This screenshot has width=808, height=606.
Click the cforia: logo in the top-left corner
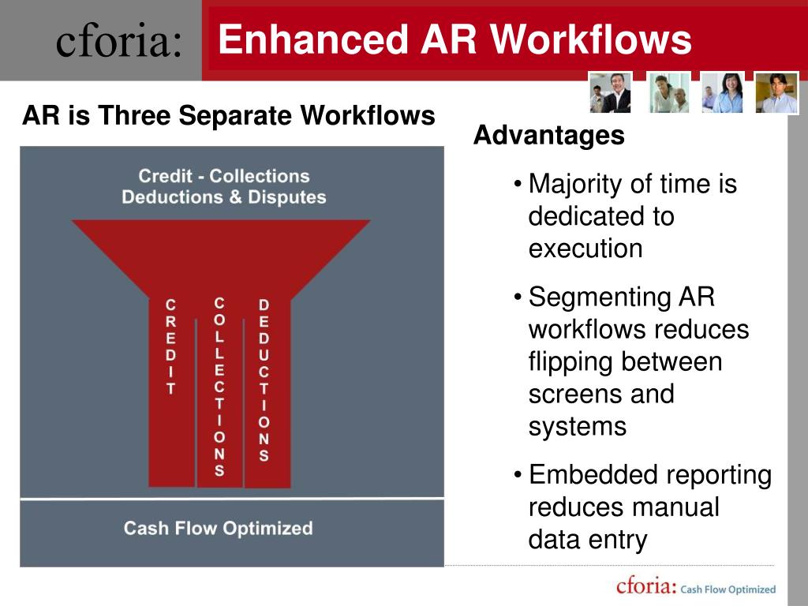(118, 41)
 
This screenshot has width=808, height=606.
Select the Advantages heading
(548, 136)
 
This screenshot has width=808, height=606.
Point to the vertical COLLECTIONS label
(219, 387)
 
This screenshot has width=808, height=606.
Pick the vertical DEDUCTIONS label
(264, 380)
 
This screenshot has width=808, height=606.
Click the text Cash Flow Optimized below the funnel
(218, 528)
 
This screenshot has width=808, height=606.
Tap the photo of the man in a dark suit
(610, 92)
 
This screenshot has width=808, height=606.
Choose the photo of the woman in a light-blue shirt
(722, 92)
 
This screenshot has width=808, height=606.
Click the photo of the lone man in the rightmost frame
(776, 92)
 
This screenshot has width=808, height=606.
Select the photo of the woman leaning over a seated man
(668, 92)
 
